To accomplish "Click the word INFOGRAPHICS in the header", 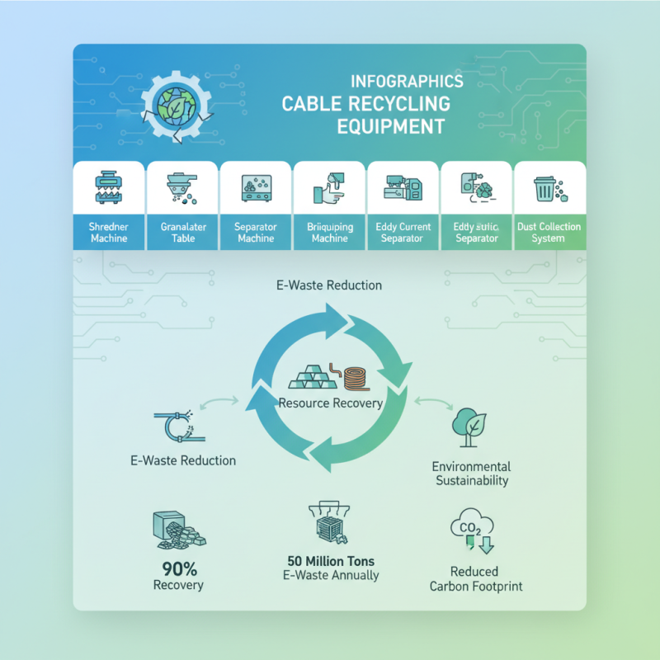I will point(407,82).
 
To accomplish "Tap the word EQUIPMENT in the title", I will point(391,127).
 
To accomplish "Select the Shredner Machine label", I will point(109,232).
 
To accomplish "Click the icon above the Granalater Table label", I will point(181,188).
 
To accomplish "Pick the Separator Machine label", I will point(256,232).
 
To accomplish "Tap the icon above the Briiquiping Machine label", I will point(329,188).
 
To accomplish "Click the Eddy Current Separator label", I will point(403,232).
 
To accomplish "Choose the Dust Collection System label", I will point(549,232).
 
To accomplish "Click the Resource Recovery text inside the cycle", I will point(330,403).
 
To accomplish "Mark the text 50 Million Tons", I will point(330,561).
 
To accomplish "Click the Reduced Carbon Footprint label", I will point(474,579).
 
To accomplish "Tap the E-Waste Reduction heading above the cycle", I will point(329,285).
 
